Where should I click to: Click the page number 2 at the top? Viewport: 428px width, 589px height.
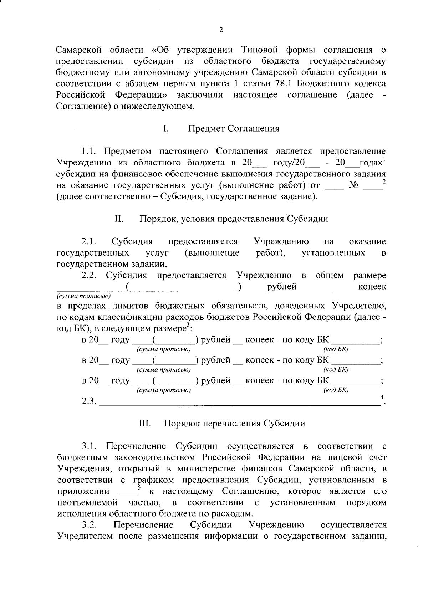coord(221,30)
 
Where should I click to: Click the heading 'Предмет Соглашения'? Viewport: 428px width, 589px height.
coord(234,129)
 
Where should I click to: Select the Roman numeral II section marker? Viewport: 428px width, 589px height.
coord(119,219)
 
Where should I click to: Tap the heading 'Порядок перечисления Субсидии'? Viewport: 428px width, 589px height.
coord(234,424)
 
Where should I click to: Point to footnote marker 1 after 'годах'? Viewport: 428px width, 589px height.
coord(384,159)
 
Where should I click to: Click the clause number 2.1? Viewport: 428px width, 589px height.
coord(89,242)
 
